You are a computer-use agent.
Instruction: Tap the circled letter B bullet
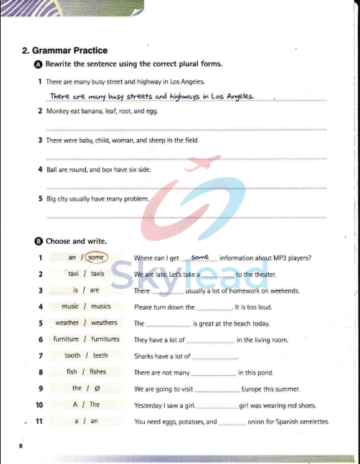tap(38, 242)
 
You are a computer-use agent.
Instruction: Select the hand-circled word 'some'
tap(97, 257)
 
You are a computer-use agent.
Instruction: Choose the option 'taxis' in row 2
tap(98, 274)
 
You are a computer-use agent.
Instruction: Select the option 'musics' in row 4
tap(96, 307)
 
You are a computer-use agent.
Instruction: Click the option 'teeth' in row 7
tap(100, 356)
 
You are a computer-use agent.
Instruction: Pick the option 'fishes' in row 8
tap(97, 372)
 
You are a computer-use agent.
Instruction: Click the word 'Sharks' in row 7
tap(144, 356)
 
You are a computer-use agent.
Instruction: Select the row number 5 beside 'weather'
tap(41, 323)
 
